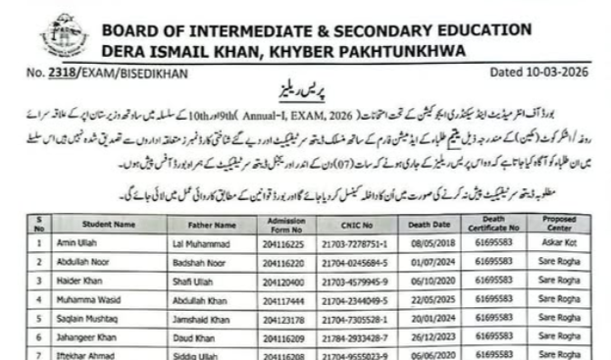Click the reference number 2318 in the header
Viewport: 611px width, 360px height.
(x=63, y=74)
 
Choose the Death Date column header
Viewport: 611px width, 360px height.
(x=431, y=224)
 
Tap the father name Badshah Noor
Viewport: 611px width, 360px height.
(x=198, y=260)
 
